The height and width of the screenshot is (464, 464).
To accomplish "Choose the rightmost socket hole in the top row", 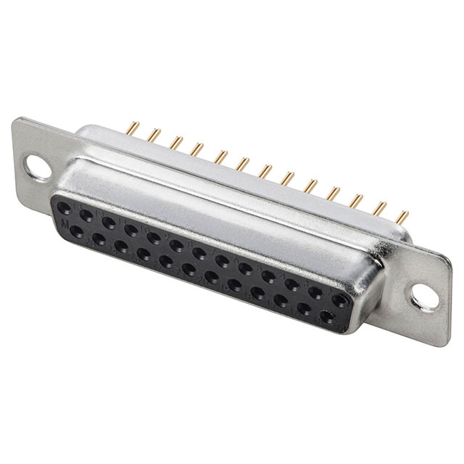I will pyautogui.click(x=337, y=297).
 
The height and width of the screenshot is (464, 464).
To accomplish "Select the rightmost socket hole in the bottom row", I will pyautogui.click(x=326, y=315).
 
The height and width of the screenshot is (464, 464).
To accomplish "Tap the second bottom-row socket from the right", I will pyautogui.click(x=304, y=308).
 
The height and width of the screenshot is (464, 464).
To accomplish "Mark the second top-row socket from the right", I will pyautogui.click(x=315, y=290).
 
